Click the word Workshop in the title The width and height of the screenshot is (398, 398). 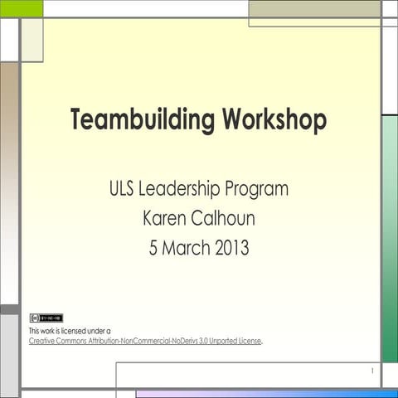click(274, 120)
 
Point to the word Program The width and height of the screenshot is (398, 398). click(258, 190)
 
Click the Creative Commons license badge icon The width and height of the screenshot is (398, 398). click(46, 318)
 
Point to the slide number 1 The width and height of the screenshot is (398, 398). click(372, 371)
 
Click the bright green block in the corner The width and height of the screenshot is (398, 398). click(21, 8)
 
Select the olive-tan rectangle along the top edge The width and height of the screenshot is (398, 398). click(314, 8)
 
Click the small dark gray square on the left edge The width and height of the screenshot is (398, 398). click(9, 309)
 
